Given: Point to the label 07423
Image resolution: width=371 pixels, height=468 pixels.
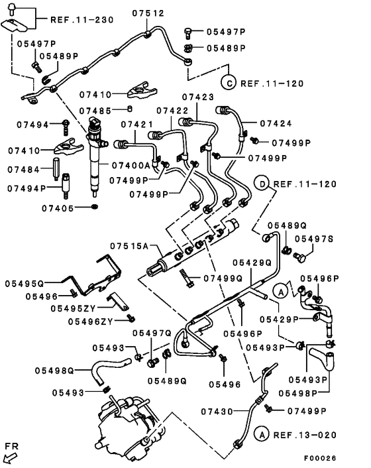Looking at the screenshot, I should coord(198,97).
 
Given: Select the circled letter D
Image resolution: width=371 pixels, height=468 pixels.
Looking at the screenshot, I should coord(262,184).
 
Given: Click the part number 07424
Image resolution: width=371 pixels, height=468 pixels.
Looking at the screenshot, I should coord(276,123).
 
